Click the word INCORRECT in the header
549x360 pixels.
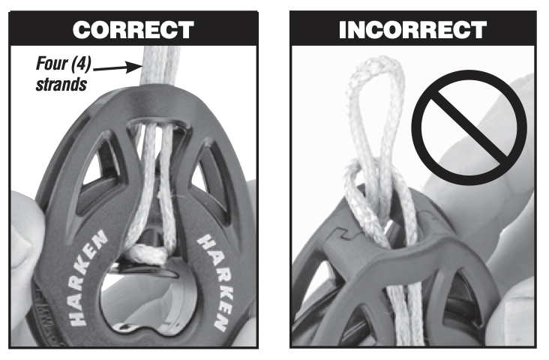click(x=412, y=30)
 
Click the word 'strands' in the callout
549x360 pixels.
click(x=61, y=83)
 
